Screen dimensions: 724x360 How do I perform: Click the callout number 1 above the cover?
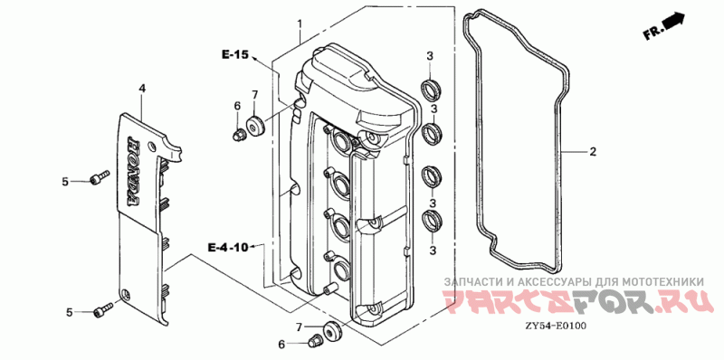pyautogui.click(x=300, y=24)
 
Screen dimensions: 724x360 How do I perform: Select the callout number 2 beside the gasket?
pyautogui.click(x=593, y=151)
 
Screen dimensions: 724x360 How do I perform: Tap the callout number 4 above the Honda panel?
pyautogui.click(x=142, y=88)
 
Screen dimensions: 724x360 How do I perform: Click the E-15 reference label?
pyautogui.click(x=235, y=55)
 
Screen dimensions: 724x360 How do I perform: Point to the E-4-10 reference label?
pyautogui.click(x=228, y=248)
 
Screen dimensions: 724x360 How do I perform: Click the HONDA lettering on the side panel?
pyautogui.click(x=131, y=171)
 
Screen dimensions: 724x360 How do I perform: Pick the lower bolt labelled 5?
pyautogui.click(x=103, y=308)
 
